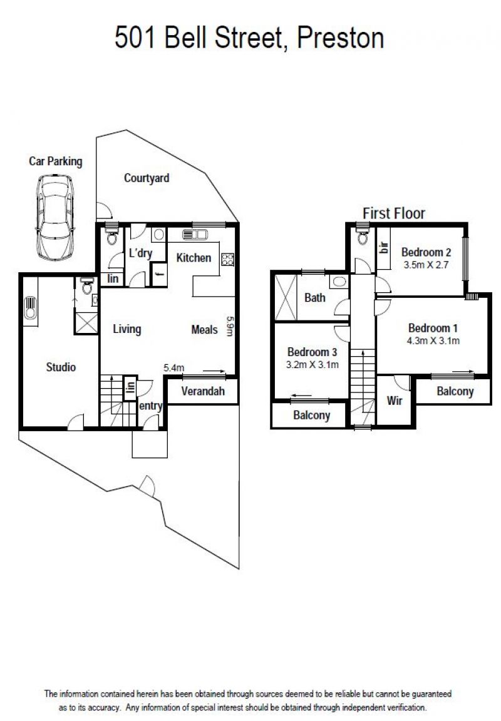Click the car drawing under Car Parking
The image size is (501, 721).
click(x=55, y=217)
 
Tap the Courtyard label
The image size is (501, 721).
click(x=147, y=178)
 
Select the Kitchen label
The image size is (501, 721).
click(x=194, y=257)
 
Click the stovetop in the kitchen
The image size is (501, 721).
click(x=228, y=259)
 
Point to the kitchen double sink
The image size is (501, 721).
click(x=195, y=235)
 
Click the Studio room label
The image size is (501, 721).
click(x=61, y=367)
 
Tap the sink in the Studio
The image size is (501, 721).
click(x=30, y=307)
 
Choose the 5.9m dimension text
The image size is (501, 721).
click(x=230, y=325)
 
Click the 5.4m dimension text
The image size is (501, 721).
click(x=174, y=368)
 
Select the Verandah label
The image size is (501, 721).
click(x=203, y=391)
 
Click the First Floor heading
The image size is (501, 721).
click(x=394, y=213)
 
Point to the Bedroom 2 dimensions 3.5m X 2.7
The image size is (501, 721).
click(x=426, y=265)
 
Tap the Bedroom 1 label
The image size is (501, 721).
click(x=433, y=328)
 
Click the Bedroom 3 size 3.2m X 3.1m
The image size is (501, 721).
click(x=312, y=365)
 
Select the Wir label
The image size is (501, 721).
click(x=395, y=401)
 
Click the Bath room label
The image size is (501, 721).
click(x=314, y=297)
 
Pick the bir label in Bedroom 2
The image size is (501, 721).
click(x=384, y=247)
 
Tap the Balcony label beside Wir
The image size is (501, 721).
click(x=455, y=391)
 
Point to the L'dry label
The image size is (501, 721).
click(x=140, y=253)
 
